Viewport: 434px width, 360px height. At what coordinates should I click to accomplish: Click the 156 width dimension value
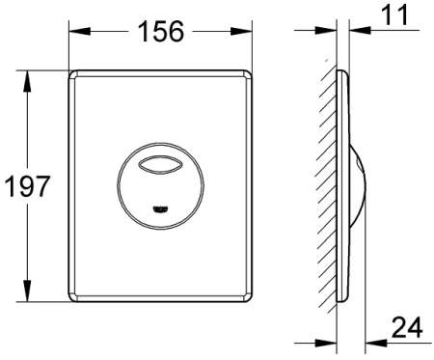pyautogui.click(x=161, y=31)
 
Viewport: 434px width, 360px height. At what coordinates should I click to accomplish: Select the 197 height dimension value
pyautogui.click(x=27, y=186)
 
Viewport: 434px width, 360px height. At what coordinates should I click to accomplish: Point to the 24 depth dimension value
pyautogui.click(x=407, y=327)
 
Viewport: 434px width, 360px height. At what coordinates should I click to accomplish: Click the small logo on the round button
pyautogui.click(x=160, y=209)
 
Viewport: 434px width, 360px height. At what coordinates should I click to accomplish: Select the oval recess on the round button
pyautogui.click(x=160, y=165)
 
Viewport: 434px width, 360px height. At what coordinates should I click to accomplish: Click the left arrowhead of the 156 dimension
pyautogui.click(x=80, y=31)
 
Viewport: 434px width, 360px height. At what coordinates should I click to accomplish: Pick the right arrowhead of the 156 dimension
pyautogui.click(x=241, y=31)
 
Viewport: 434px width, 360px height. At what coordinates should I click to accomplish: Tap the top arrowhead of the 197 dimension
pyautogui.click(x=27, y=81)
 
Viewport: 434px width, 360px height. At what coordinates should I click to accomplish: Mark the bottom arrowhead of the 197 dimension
pyautogui.click(x=27, y=291)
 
